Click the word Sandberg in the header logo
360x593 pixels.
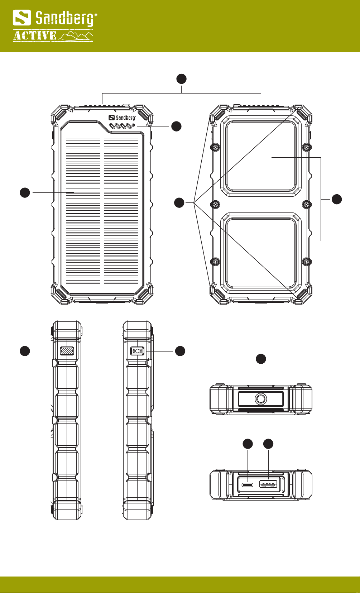(66, 18)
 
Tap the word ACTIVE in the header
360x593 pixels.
(35, 36)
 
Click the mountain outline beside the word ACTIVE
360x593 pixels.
(76, 36)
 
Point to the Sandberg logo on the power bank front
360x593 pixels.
(122, 118)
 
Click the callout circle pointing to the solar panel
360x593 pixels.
(24, 192)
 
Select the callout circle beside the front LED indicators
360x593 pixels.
(176, 126)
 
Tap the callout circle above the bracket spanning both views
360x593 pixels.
(182, 79)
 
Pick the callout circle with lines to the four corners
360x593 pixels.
(179, 203)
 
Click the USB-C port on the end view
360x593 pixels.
(248, 485)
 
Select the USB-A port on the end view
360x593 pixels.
(268, 485)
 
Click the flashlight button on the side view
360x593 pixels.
(137, 351)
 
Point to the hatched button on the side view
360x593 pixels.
(67, 351)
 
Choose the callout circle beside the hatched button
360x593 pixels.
(24, 351)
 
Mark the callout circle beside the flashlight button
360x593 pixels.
(180, 351)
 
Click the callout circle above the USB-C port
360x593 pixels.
(248, 444)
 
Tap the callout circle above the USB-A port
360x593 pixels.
(268, 444)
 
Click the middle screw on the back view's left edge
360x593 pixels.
(216, 204)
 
